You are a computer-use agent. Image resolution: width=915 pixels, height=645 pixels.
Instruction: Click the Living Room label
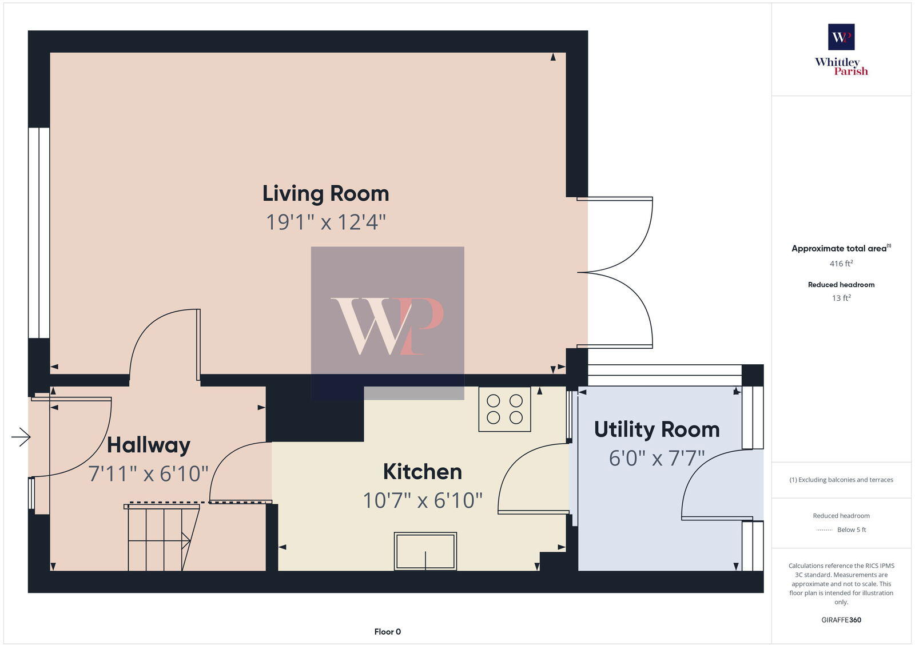tap(325, 194)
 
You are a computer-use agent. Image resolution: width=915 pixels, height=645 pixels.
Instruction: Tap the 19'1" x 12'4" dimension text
tap(325, 222)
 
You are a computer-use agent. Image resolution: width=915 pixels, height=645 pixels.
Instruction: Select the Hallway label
tap(148, 445)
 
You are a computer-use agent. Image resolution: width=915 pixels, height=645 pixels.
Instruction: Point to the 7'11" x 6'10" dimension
tap(148, 473)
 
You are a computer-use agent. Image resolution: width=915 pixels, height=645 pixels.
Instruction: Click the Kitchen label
tap(422, 472)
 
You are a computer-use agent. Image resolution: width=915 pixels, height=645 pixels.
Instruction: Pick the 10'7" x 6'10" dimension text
tap(422, 500)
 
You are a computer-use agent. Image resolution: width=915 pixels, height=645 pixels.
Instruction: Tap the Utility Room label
tap(657, 429)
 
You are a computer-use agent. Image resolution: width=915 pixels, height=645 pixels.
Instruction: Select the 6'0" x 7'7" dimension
tap(657, 458)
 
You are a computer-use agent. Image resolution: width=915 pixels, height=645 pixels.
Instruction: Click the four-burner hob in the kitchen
tap(504, 409)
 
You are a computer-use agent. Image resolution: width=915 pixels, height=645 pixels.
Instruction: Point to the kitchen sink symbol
tap(425, 551)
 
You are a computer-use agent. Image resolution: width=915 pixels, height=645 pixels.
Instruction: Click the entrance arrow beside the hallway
tap(21, 437)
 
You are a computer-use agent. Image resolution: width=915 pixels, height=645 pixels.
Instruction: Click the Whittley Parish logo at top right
tap(841, 50)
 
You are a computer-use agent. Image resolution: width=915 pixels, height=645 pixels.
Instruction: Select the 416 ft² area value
tap(841, 264)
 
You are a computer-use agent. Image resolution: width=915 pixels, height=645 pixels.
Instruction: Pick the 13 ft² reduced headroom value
tap(841, 298)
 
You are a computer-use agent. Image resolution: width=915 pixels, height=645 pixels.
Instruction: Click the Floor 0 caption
tap(387, 632)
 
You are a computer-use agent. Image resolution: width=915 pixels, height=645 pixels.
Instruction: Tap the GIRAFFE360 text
tap(841, 620)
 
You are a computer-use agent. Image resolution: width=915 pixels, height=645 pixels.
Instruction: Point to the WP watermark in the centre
tap(387, 323)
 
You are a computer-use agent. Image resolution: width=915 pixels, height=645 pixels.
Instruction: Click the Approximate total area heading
tap(839, 249)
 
